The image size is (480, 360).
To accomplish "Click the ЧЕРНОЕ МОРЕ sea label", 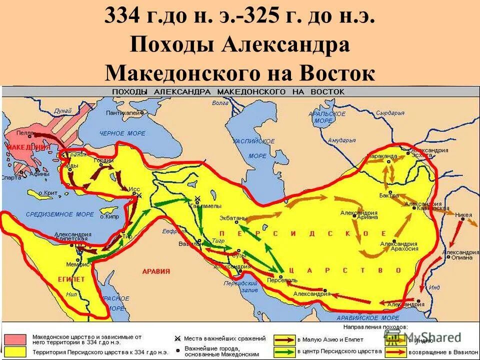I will click(x=122, y=133).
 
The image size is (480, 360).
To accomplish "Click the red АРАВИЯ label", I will click(x=156, y=271).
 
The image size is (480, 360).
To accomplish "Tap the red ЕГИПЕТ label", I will click(x=72, y=279).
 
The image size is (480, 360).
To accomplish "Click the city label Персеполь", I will click(x=282, y=280).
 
